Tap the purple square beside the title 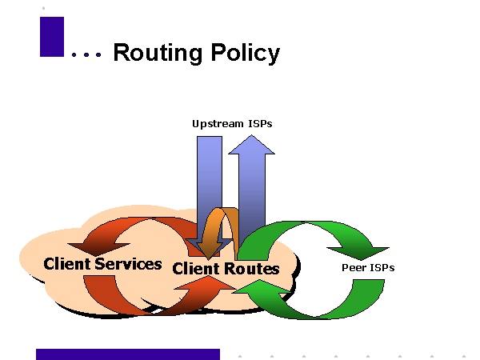[x=52, y=37]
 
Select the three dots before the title [x=86, y=55]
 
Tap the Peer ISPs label [x=367, y=267]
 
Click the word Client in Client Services [x=68, y=263]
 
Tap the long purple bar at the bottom [x=128, y=354]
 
